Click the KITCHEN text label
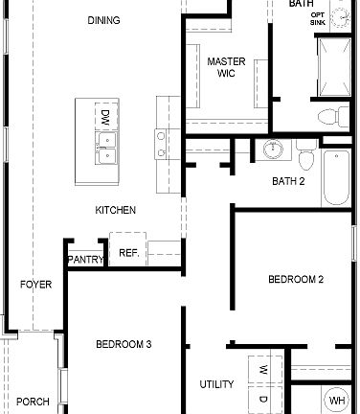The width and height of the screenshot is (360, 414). tap(115, 210)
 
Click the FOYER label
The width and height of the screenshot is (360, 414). tap(35, 285)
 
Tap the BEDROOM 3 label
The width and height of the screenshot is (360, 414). tap(124, 343)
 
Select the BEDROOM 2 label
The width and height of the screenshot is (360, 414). tap(295, 280)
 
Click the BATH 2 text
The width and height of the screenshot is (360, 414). tap(288, 180)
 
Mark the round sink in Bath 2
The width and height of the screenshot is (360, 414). tap(272, 150)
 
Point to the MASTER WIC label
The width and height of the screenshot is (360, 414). tap(226, 67)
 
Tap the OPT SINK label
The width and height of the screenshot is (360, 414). tap(345, 18)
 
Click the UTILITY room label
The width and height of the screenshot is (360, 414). tap(216, 384)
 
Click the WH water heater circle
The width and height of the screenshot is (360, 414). tap(337, 400)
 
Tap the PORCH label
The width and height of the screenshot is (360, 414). tap(33, 402)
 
